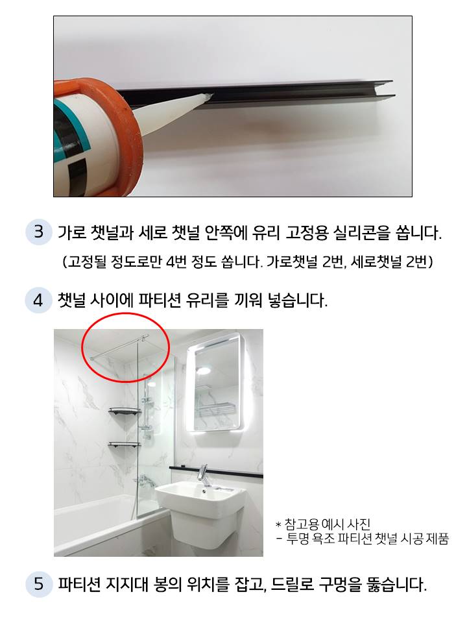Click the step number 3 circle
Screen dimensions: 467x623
tap(38, 232)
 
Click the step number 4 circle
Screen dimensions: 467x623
tap(38, 300)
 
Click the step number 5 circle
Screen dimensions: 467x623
tap(38, 585)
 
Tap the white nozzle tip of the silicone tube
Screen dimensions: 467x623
tap(208, 96)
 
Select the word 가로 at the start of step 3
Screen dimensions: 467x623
tap(71, 233)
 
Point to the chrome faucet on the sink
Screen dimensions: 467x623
tap(204, 475)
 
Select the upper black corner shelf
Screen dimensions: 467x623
tap(125, 411)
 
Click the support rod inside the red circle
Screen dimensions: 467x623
tap(119, 347)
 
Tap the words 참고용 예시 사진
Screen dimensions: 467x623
tap(328, 524)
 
